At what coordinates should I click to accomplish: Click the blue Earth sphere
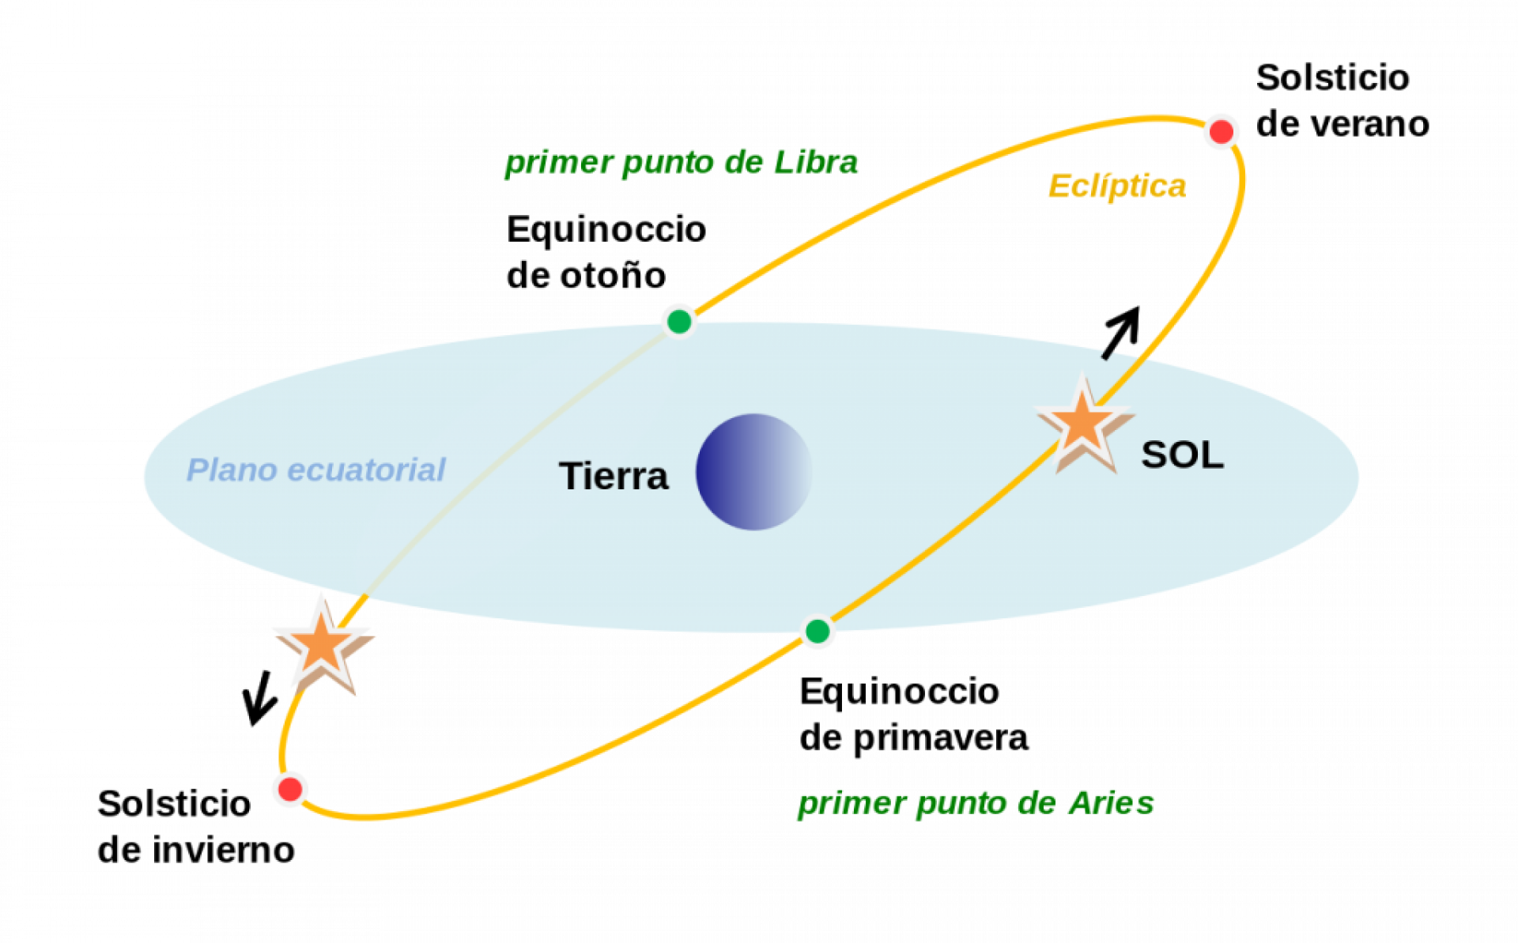click(x=753, y=472)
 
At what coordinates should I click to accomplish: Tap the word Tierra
click(x=614, y=477)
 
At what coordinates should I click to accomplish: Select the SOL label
click(x=1182, y=455)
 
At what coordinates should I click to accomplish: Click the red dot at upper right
click(x=1221, y=131)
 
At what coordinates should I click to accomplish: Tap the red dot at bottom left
click(x=290, y=789)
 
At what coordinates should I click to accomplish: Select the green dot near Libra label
click(x=679, y=322)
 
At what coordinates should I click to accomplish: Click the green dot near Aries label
click(x=818, y=632)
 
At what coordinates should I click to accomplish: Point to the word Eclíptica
click(x=1116, y=187)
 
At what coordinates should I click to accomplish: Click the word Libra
click(x=815, y=162)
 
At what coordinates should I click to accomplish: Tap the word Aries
click(x=1111, y=803)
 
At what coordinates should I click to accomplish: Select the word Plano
click(x=231, y=470)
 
